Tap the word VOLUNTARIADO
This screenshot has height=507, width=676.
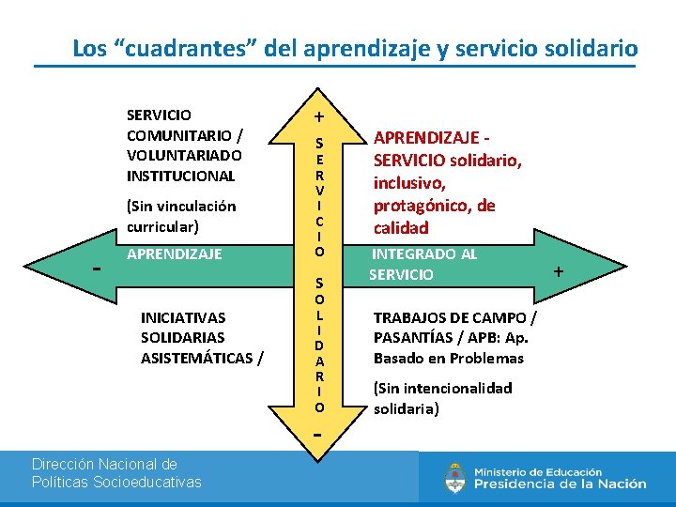184,155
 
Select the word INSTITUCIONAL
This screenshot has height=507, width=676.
180,176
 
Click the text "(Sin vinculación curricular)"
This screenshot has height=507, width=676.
181,216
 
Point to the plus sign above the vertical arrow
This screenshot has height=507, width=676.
319,117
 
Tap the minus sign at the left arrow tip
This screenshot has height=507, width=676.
97,268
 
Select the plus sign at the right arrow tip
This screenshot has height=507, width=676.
559,271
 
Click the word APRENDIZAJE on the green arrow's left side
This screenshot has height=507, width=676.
174,253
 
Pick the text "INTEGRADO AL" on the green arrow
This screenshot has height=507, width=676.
424,254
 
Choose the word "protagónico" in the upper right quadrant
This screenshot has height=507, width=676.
421,206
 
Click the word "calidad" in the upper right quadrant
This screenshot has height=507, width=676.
401,227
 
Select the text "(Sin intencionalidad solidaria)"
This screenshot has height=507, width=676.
442,398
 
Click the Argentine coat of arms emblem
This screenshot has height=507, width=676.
455,478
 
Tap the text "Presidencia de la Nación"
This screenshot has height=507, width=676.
560,484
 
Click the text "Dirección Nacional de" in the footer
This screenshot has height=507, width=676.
104,464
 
